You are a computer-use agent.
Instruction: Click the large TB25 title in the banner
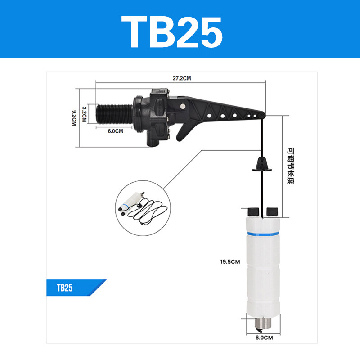(172, 32)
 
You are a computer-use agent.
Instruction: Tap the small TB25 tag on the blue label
(65, 288)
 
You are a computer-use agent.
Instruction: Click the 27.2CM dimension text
(182, 78)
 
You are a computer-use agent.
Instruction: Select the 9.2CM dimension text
(74, 118)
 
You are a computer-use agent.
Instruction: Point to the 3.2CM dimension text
(84, 114)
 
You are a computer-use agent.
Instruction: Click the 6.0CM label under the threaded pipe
(116, 131)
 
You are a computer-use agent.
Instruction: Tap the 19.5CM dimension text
(230, 262)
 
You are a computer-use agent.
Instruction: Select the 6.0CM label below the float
(264, 337)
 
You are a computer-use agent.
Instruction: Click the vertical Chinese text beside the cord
(291, 166)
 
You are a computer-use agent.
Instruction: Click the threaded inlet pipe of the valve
(114, 115)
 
